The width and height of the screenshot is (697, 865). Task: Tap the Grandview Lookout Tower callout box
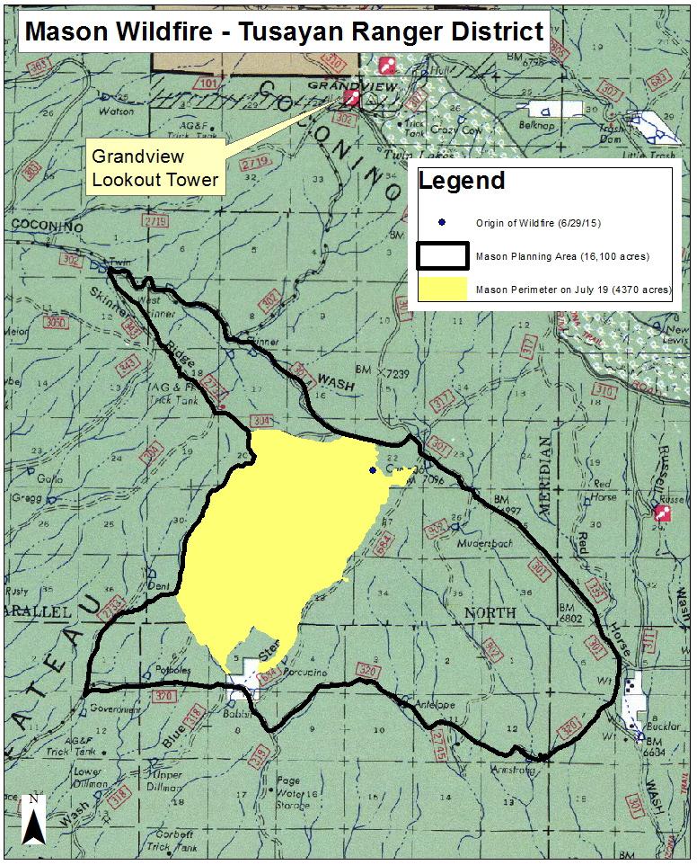[154, 167]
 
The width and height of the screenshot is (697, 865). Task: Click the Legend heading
[462, 181]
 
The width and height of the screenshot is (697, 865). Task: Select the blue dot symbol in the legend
[441, 222]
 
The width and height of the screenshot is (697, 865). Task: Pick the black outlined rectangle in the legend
[442, 256]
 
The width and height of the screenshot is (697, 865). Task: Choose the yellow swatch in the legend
[442, 290]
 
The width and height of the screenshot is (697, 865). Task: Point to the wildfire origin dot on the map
[373, 469]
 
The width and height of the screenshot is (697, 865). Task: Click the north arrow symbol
[32, 819]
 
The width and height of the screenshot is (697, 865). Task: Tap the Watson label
[121, 111]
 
